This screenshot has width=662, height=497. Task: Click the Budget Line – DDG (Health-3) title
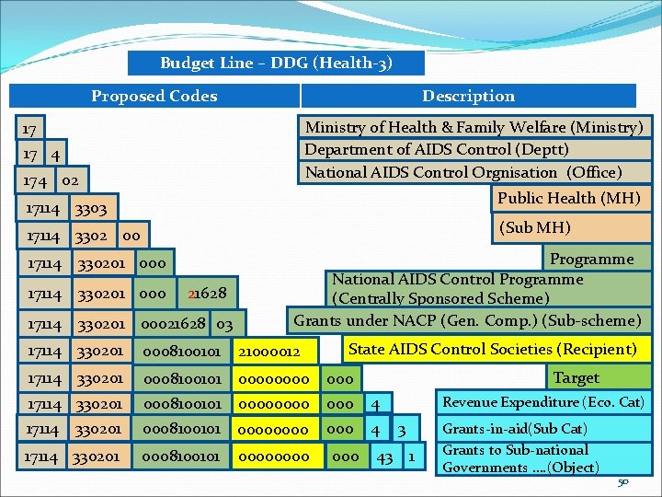coord(276,64)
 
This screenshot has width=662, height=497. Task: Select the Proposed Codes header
coord(154,96)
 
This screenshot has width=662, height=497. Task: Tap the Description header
coord(468,96)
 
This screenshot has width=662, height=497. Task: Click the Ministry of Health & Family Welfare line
coord(474,127)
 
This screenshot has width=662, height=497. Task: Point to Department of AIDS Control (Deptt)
coord(437,149)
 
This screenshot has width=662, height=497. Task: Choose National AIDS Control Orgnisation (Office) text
coord(463,172)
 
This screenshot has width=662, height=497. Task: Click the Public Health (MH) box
coord(568,198)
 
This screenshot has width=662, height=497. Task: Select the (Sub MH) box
coord(534,227)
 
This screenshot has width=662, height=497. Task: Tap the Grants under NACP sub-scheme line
coord(467,320)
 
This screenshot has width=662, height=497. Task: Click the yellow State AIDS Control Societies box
coord(492,349)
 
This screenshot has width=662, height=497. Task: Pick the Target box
coord(576,377)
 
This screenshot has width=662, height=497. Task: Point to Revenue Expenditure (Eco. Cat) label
coord(543,402)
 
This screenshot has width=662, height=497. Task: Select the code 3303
coord(90,211)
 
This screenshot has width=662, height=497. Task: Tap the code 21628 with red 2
coord(207,294)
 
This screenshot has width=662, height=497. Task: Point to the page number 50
coord(623,483)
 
